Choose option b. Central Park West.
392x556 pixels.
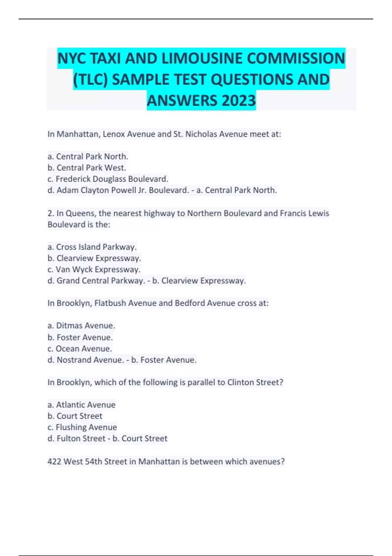(x=87, y=168)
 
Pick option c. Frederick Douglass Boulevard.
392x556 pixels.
(x=108, y=179)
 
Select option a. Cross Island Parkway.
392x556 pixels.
(x=92, y=247)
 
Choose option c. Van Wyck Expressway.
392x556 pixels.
(x=94, y=269)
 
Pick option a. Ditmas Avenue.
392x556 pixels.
(x=81, y=326)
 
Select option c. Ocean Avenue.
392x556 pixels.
(x=80, y=349)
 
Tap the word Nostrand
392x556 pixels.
(x=74, y=360)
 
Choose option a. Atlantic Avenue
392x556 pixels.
(x=81, y=405)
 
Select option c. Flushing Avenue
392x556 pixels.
(x=82, y=427)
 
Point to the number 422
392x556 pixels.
(x=54, y=461)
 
